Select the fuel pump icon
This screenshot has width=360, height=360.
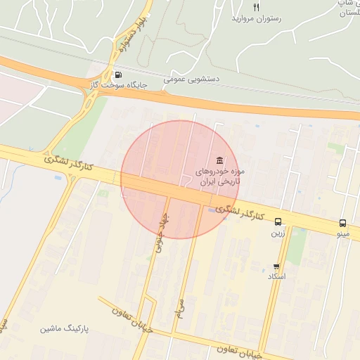117,75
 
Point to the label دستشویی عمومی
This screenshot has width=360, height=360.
192,80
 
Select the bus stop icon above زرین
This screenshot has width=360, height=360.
278,221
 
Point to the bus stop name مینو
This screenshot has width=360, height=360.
342,233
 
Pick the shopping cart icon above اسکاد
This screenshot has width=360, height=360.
276,266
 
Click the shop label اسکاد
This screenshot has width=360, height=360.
276,277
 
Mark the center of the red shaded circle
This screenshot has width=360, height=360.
181,179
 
